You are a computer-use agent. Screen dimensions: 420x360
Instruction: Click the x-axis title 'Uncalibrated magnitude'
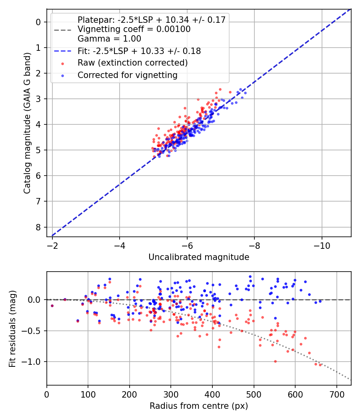(x=199, y=257)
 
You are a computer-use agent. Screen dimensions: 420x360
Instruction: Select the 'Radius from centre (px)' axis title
(x=199, y=406)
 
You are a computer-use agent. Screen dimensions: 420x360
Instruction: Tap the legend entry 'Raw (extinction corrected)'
(x=132, y=63)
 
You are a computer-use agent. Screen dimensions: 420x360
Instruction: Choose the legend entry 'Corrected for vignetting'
(x=128, y=75)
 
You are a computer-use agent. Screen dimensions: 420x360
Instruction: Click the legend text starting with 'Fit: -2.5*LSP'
(x=139, y=51)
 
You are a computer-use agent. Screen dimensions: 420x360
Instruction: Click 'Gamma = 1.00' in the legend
(x=109, y=39)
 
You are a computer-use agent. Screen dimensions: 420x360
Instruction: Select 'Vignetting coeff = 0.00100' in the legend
(x=134, y=29)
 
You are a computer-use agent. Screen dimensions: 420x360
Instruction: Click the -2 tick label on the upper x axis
(x=52, y=244)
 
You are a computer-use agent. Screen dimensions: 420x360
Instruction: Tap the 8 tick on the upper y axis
(x=38, y=227)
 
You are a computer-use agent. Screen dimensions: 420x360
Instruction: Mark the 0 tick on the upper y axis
(x=38, y=22)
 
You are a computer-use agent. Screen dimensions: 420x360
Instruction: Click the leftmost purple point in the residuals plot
(x=52, y=306)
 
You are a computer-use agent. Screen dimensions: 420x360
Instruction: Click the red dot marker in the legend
(x=62, y=63)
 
